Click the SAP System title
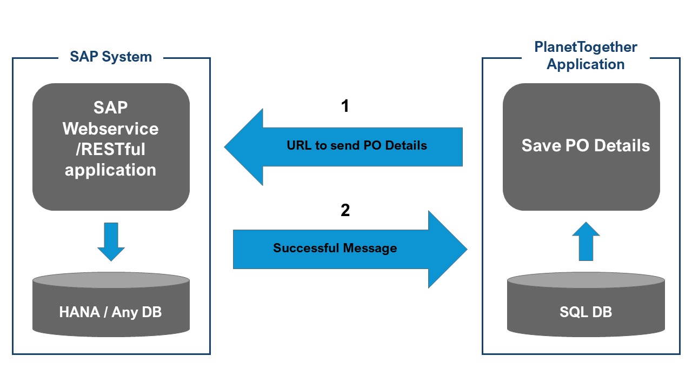[x=111, y=57]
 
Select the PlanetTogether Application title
[x=585, y=56]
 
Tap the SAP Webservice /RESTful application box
[x=111, y=146]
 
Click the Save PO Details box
[x=581, y=146]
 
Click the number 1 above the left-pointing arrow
[x=345, y=106]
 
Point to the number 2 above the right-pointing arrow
[x=345, y=211]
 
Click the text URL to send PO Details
[x=357, y=145]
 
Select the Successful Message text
[x=335, y=248]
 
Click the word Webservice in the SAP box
[x=111, y=129]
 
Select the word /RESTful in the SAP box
[x=111, y=149]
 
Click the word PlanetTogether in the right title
[x=585, y=48]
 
